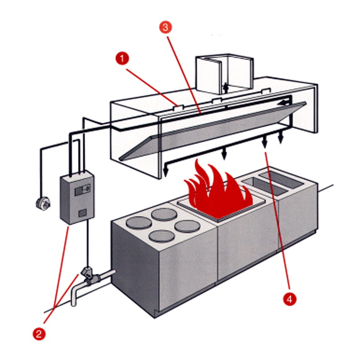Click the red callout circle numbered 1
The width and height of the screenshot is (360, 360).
point(121,58)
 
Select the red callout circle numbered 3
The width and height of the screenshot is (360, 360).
point(165,27)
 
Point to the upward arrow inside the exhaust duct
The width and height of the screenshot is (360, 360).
point(225,86)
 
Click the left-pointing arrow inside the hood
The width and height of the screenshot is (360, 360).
point(284,103)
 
